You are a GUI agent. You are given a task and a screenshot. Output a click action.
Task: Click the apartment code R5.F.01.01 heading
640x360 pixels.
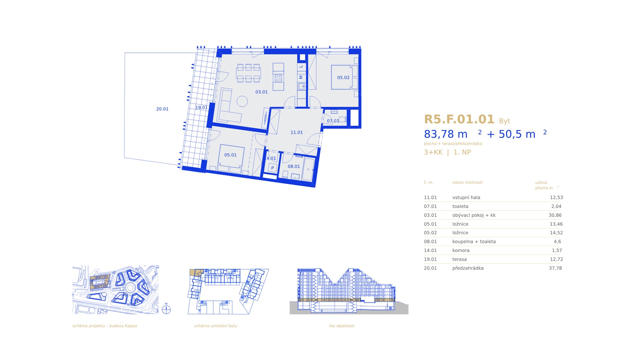click(x=459, y=119)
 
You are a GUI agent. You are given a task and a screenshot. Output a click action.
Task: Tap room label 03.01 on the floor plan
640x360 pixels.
click(x=261, y=92)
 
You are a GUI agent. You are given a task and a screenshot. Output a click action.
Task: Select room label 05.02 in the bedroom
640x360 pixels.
click(x=343, y=78)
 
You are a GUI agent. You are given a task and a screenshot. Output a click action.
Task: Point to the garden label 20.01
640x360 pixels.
click(x=162, y=109)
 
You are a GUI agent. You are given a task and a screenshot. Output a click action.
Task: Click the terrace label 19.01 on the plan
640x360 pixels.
click(x=201, y=108)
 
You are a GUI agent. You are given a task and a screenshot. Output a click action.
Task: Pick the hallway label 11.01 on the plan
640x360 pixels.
click(x=297, y=132)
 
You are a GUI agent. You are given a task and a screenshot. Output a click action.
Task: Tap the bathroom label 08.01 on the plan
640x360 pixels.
click(x=294, y=166)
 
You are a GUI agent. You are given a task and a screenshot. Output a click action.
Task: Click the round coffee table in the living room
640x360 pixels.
click(x=242, y=101)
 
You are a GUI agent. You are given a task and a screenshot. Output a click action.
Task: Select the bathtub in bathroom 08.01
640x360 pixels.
click(x=308, y=169)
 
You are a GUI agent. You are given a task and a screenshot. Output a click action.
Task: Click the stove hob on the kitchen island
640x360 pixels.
click(x=278, y=78)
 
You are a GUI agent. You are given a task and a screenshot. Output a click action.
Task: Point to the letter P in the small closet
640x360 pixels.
click(x=272, y=168)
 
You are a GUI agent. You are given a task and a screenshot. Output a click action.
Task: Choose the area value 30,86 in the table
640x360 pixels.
click(x=555, y=215)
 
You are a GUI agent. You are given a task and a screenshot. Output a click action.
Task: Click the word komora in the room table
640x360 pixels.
click(x=461, y=250)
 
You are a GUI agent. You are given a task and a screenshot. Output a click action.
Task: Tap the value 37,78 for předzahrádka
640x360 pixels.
click(x=555, y=268)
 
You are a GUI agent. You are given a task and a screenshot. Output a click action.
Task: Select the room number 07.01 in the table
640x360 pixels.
click(x=430, y=206)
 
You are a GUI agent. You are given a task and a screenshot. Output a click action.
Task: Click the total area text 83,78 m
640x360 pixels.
click(x=446, y=134)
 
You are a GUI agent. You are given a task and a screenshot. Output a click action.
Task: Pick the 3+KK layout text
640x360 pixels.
click(x=433, y=152)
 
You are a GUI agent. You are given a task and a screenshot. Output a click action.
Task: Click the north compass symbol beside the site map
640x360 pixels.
click(x=166, y=309)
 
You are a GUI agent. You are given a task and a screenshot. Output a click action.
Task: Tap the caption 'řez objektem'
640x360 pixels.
click(x=342, y=326)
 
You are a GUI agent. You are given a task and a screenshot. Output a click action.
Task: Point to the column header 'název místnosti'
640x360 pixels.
click(x=467, y=182)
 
